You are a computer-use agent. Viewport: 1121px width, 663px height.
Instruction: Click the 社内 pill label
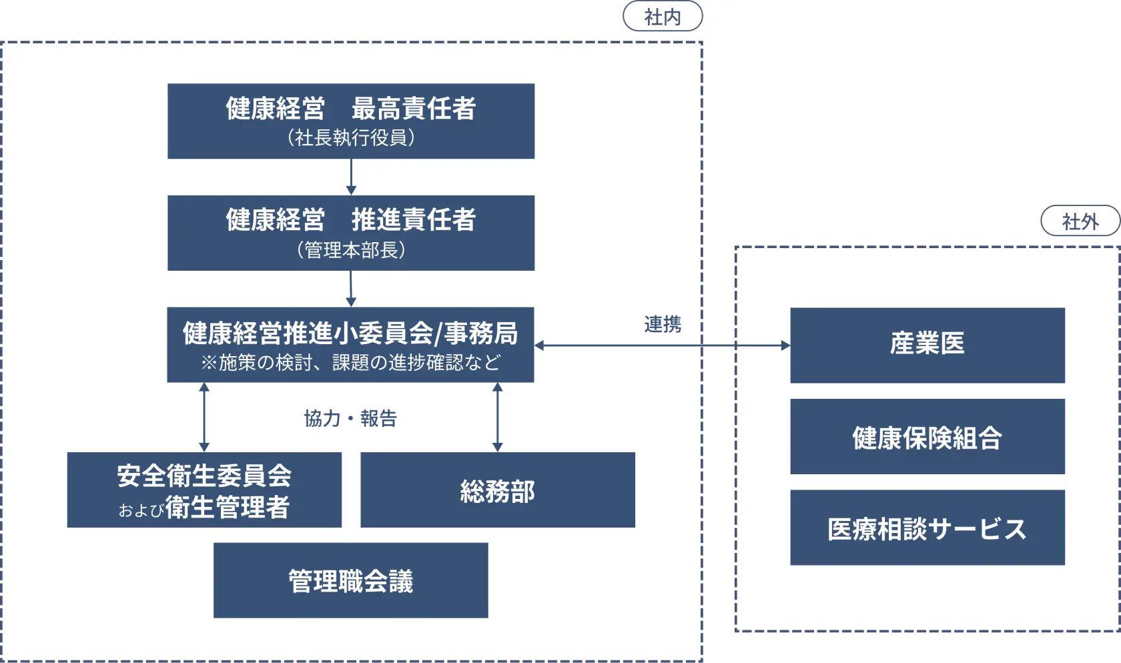coord(663,17)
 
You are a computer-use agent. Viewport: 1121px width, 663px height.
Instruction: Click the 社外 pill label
coord(1080,221)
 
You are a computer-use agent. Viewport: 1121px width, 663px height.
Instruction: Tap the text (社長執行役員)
coord(351,138)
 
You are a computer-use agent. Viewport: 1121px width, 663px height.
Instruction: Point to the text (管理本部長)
coord(351,250)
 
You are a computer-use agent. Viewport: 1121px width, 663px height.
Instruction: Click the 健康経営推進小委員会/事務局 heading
coord(350,333)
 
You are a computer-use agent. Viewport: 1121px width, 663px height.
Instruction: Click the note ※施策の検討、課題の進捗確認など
coord(350,362)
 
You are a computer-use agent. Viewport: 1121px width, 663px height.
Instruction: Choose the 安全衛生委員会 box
coord(204,490)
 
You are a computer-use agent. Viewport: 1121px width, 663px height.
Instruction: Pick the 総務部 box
coord(498,490)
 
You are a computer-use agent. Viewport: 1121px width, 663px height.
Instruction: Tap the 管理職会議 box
coord(351,580)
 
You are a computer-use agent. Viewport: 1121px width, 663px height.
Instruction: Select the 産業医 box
coord(927,345)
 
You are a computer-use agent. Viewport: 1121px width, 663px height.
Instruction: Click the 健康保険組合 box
coord(927,437)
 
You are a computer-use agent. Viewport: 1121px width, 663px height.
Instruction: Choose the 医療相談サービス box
coord(927,528)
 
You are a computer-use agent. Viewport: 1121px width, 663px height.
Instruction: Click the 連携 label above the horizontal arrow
coord(663,324)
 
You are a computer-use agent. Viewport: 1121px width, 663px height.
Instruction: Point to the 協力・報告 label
coord(350,418)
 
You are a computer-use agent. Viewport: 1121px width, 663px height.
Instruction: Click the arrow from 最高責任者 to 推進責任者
coord(351,177)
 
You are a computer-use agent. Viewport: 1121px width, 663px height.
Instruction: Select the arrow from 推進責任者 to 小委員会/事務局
coord(351,288)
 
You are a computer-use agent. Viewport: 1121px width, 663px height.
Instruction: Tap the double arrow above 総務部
coord(497,417)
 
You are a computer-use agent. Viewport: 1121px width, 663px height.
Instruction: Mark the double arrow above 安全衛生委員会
coord(204,417)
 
